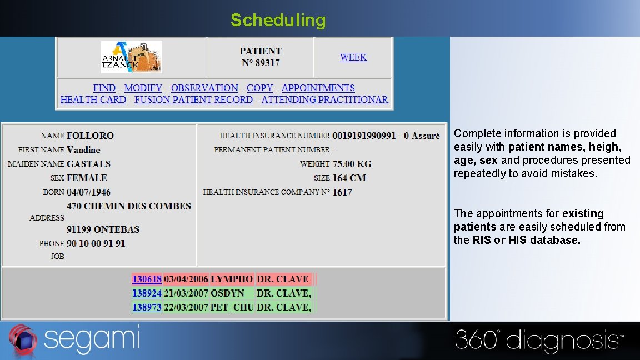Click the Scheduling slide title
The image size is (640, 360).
pyautogui.click(x=278, y=21)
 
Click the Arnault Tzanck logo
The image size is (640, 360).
pyautogui.click(x=132, y=57)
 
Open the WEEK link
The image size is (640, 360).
pyautogui.click(x=353, y=57)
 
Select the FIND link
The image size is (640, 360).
pyautogui.click(x=104, y=88)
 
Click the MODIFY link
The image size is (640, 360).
pyautogui.click(x=143, y=88)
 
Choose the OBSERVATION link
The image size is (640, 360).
pyautogui.click(x=204, y=88)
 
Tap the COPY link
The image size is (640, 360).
pyautogui.click(x=260, y=88)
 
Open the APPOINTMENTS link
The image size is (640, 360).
pyautogui.click(x=318, y=88)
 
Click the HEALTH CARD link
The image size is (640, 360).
pyautogui.click(x=93, y=100)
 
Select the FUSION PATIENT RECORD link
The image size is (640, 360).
pyautogui.click(x=193, y=100)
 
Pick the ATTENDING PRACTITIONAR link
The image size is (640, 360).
pyautogui.click(x=324, y=100)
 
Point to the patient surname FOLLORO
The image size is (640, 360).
pyautogui.click(x=90, y=136)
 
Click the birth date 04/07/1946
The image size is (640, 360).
pyautogui.click(x=88, y=192)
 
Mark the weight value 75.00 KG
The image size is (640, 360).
pyautogui.click(x=352, y=164)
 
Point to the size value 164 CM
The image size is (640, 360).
pyautogui.click(x=349, y=178)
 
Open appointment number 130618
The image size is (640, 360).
pyautogui.click(x=147, y=279)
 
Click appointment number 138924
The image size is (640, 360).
pyautogui.click(x=147, y=293)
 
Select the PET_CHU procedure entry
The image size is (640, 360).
pyautogui.click(x=232, y=307)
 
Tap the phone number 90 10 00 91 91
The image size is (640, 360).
pyautogui.click(x=96, y=243)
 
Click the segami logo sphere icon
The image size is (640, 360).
pyautogui.click(x=22, y=339)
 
